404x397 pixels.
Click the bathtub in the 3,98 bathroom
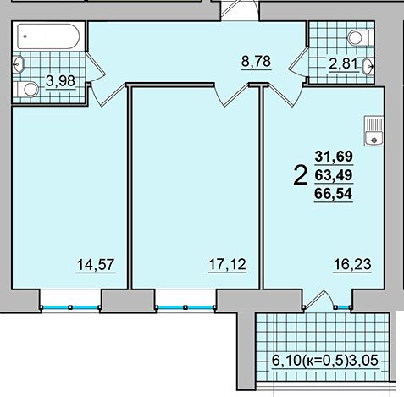click(x=48, y=36)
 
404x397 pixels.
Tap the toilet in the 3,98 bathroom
click(x=28, y=90)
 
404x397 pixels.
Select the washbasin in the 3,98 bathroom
click(x=19, y=64)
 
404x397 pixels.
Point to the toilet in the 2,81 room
click(x=358, y=38)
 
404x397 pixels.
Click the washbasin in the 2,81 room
click(x=368, y=67)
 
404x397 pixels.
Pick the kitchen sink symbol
click(x=374, y=131)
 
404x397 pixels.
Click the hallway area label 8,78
click(x=256, y=62)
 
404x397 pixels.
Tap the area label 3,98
click(x=60, y=81)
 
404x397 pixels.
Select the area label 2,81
click(x=344, y=63)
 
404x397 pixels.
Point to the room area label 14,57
click(x=96, y=265)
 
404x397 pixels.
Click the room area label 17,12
click(x=227, y=265)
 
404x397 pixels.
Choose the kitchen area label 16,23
click(x=352, y=265)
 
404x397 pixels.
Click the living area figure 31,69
click(x=334, y=157)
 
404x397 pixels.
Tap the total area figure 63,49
click(x=334, y=175)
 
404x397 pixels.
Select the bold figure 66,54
click(x=334, y=194)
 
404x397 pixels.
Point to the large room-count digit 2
click(x=301, y=175)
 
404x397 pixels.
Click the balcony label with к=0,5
click(x=325, y=361)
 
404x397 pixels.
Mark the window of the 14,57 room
click(x=70, y=307)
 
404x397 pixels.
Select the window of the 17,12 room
click(x=185, y=307)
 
